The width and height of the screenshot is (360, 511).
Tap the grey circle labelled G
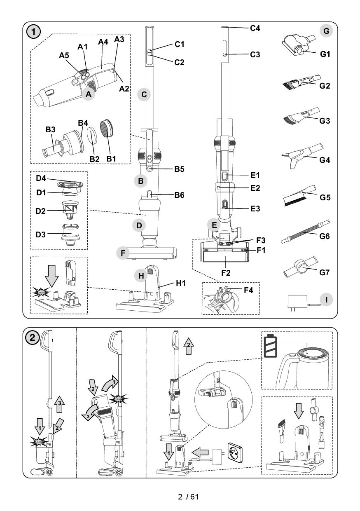[x=326, y=31]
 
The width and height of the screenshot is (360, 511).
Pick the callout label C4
[x=255, y=28]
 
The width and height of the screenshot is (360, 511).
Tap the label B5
[x=179, y=169]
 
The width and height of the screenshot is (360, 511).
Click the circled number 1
[x=33, y=31]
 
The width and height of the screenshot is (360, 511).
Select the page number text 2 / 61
[x=188, y=497]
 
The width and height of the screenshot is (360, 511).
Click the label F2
[x=226, y=272]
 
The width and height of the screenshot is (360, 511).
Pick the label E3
[x=255, y=209]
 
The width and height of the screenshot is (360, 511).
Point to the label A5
[x=63, y=55]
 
